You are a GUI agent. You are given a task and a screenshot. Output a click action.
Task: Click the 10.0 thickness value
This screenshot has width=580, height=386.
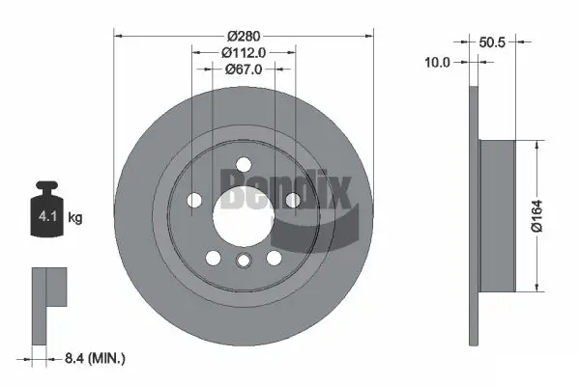[x=439, y=62]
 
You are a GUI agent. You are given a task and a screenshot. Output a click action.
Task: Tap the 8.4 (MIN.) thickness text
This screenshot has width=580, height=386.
[x=96, y=359]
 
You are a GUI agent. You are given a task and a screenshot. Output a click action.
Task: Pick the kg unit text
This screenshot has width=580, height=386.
[x=75, y=218]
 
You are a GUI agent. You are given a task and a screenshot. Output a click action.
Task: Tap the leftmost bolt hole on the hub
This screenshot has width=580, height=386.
[x=194, y=200]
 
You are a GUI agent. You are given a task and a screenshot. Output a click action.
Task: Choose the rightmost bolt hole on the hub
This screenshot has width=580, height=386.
[x=291, y=200]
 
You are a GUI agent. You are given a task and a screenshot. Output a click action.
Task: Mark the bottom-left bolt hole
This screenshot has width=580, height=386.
[x=214, y=259]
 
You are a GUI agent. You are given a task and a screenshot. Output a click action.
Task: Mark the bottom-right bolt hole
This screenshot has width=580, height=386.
[x=274, y=259]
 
